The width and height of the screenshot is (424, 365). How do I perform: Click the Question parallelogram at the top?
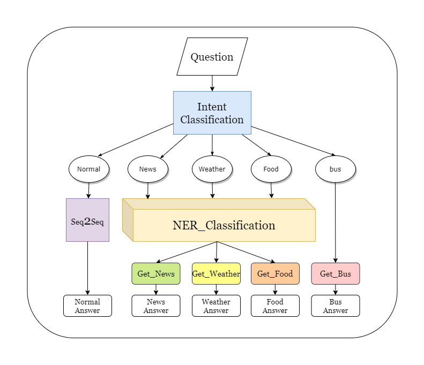(212, 57)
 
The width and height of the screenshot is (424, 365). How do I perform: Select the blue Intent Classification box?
(212, 113)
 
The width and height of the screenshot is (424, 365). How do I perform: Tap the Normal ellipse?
(89, 169)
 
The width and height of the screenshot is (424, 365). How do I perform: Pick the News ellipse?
(148, 169)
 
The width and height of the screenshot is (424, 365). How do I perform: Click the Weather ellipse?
(212, 169)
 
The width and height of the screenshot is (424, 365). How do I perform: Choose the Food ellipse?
(271, 169)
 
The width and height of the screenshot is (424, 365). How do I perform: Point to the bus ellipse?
(336, 169)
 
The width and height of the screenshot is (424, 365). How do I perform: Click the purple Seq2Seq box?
(87, 220)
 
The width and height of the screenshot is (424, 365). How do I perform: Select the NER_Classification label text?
(224, 225)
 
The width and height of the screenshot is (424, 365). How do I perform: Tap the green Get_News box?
(156, 273)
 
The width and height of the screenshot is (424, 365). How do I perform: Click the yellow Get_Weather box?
(216, 273)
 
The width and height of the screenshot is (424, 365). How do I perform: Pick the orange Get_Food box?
(275, 273)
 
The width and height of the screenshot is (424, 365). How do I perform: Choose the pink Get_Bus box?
(336, 273)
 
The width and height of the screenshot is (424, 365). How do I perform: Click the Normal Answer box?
(87, 306)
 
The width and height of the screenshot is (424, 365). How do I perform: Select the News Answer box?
(156, 306)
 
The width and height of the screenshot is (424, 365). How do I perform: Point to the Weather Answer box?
(216, 306)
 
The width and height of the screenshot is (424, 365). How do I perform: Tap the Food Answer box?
(275, 306)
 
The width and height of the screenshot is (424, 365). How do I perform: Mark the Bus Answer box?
(336, 306)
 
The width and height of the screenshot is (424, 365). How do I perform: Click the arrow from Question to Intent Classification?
(212, 83)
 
